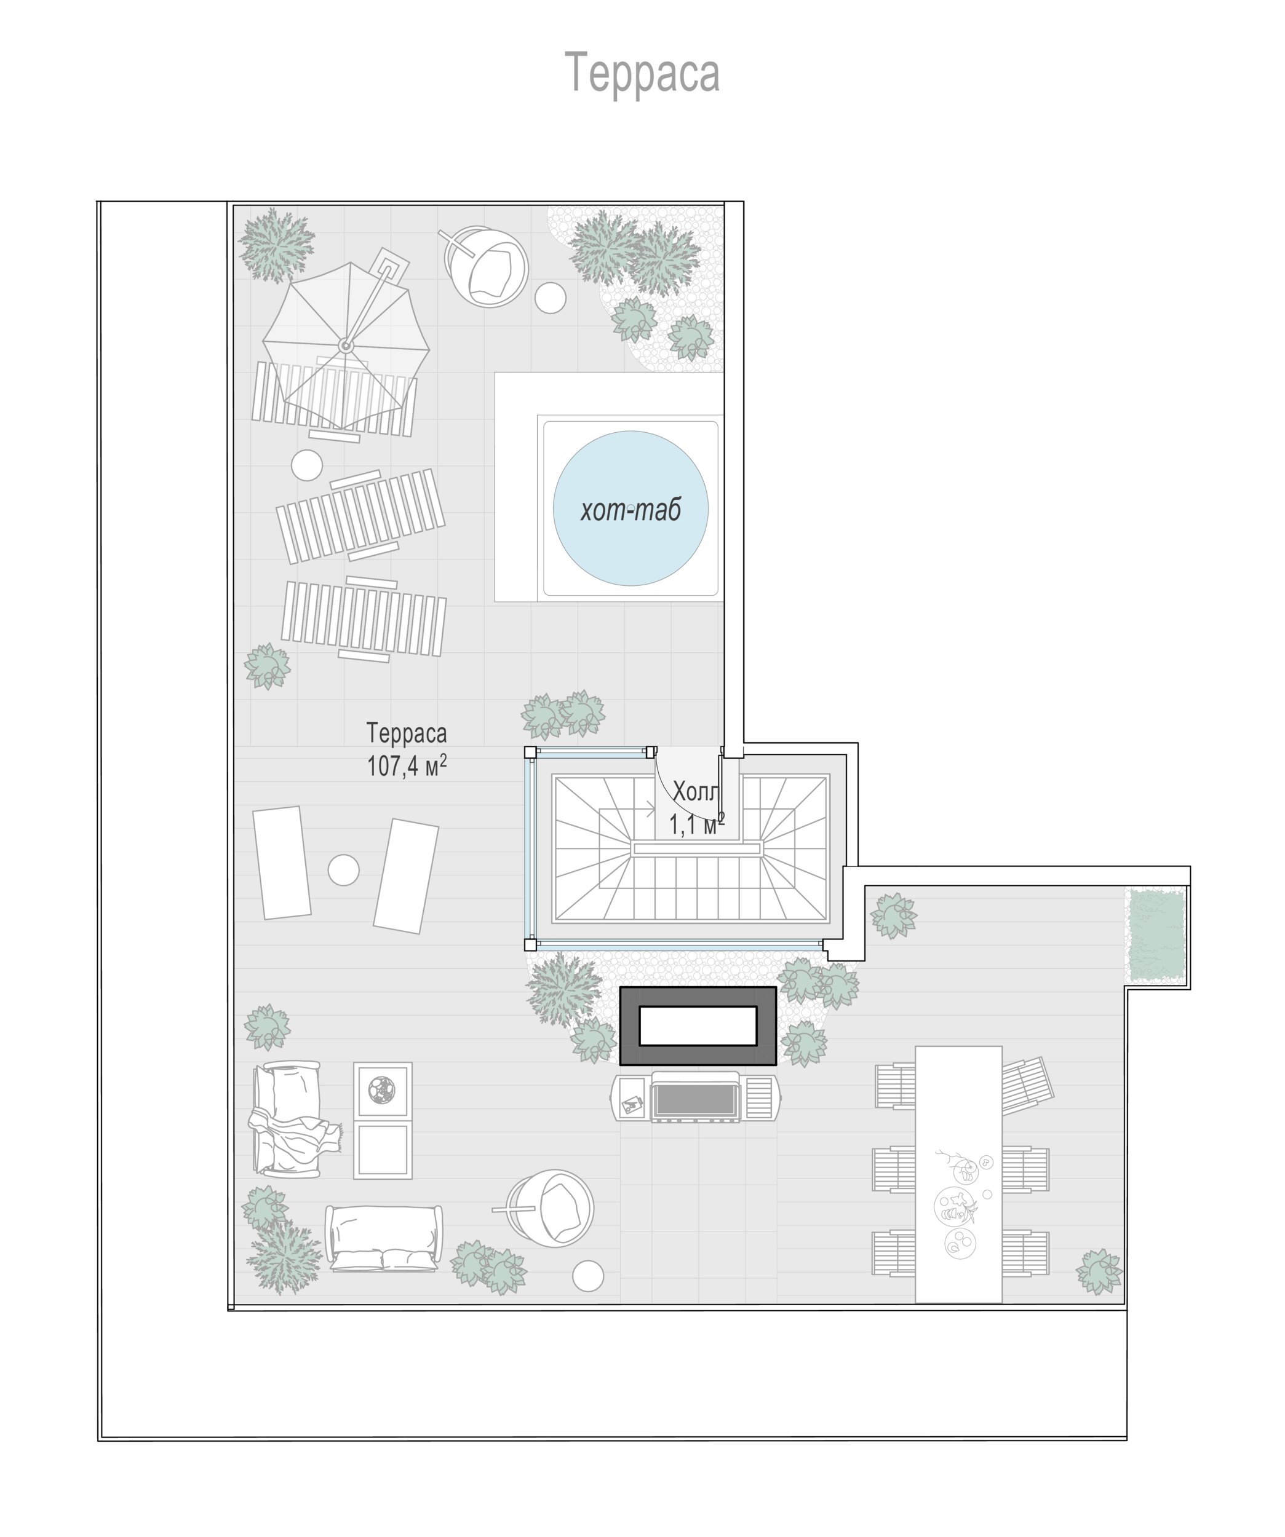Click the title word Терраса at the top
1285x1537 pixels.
[642, 73]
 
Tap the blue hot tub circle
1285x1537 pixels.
[631, 508]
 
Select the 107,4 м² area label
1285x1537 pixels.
[407, 765]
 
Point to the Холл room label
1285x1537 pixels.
[696, 791]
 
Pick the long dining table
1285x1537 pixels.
[958, 1175]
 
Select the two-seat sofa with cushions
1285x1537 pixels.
[384, 1238]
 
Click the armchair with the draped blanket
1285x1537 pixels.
[289, 1119]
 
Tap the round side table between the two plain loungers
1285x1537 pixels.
[343, 870]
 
